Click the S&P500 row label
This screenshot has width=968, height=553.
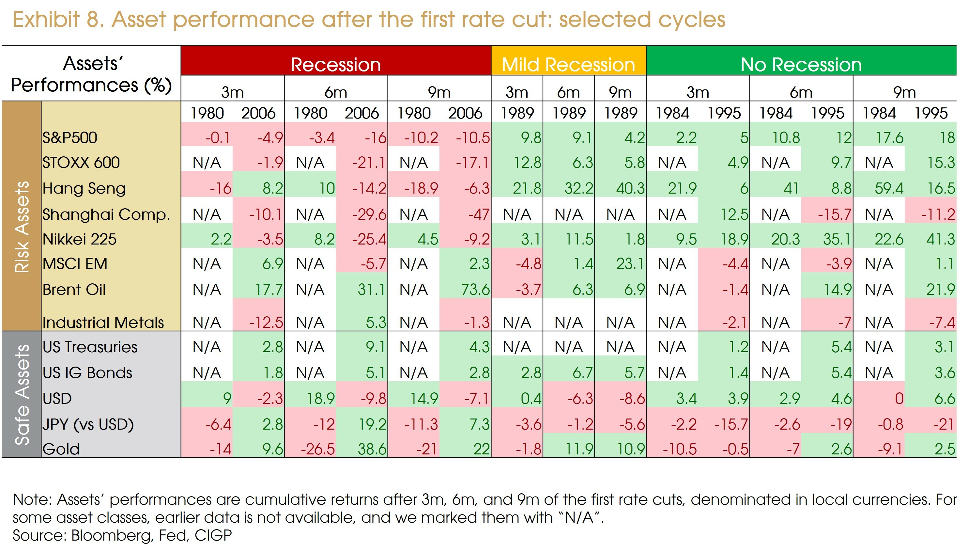coord(70,137)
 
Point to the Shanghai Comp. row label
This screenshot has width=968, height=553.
coord(106,214)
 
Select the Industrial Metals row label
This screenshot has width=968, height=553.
coord(103,323)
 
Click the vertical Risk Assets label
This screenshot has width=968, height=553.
coord(22,227)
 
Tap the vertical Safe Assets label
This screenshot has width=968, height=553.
coord(22,394)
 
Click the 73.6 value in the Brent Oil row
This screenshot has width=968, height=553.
coord(475,290)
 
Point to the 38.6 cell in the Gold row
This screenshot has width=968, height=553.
coord(372,449)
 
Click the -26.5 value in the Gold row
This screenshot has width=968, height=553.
coord(318,449)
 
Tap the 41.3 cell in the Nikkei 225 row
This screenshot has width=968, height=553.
coord(940,239)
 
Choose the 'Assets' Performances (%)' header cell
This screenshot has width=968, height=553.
coord(91,74)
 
